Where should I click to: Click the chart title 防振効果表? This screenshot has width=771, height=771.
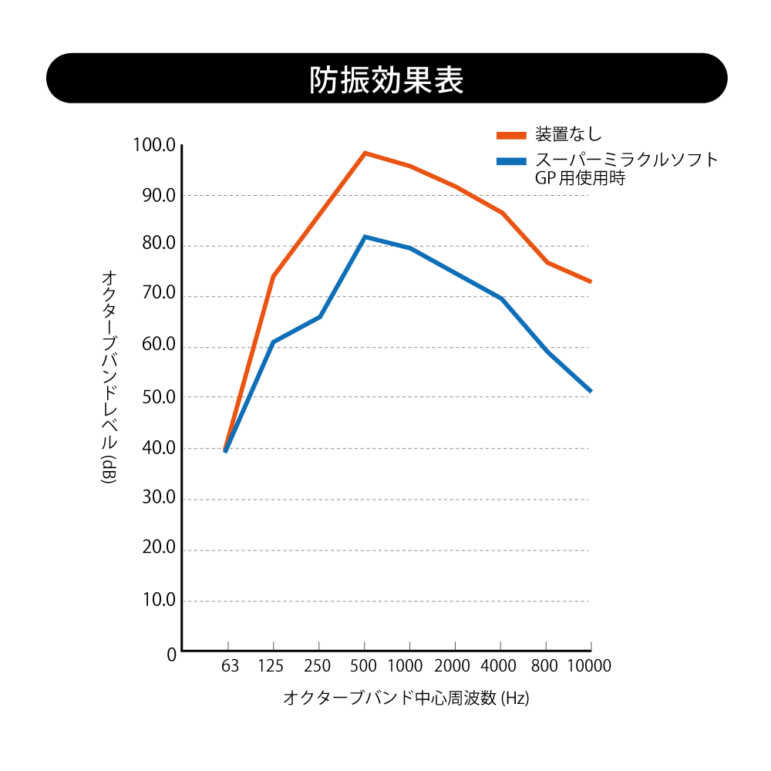coord(386,79)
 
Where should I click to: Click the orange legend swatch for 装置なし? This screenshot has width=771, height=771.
coord(511,135)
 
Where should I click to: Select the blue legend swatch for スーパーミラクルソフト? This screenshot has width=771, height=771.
coord(511,161)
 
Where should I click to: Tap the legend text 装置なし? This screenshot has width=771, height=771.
coord(569,134)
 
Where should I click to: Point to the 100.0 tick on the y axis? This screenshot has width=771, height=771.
coord(154,145)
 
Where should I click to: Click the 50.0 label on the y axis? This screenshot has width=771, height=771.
coord(160,397)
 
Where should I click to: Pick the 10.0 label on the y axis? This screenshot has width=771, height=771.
coord(160,600)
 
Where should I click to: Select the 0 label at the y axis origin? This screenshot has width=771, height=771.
coord(171,655)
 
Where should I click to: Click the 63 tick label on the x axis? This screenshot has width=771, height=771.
coord(229,666)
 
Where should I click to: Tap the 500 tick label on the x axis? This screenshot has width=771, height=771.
coord(363,666)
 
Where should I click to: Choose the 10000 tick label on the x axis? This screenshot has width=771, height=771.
coord(589,666)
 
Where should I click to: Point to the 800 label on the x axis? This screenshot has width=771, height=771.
coord(546,666)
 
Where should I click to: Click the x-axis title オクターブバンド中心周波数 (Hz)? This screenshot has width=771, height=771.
coord(406,699)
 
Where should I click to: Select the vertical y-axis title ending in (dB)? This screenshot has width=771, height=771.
coord(109,377)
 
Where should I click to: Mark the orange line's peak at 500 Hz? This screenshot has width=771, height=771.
coord(365,153)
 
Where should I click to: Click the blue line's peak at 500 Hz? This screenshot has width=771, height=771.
coord(365,237)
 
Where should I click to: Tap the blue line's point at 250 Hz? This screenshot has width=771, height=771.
coord(319,316)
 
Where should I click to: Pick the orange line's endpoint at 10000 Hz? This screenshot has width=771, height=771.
coord(591,281)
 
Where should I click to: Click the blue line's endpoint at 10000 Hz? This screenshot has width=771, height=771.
coord(591,392)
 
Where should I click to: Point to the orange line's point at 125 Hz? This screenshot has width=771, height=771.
coord(273,276)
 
